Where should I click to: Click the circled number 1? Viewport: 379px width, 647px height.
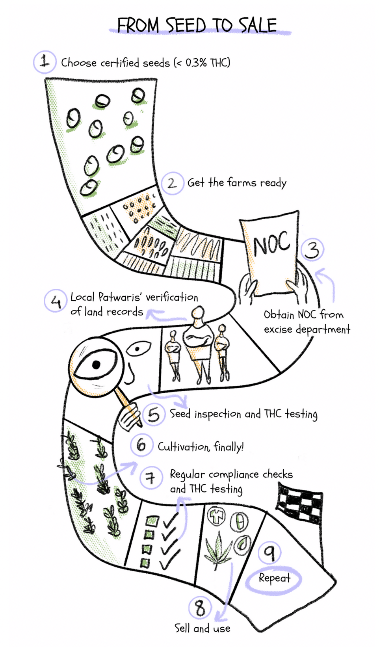click(45, 62)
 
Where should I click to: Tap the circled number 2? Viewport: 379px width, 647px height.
click(172, 183)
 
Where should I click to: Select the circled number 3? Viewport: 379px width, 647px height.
click(312, 249)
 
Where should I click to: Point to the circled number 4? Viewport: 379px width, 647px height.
click(56, 301)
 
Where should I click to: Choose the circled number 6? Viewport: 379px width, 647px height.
click(141, 445)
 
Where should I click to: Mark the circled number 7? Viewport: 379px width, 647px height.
click(150, 478)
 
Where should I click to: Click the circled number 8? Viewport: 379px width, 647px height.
click(200, 608)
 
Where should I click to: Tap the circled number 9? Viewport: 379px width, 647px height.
click(269, 552)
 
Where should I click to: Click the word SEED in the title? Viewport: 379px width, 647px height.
click(186, 26)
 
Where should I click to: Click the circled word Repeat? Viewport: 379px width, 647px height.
click(274, 578)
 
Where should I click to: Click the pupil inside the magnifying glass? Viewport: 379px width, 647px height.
click(96, 364)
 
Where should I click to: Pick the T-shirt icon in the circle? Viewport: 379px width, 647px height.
click(216, 516)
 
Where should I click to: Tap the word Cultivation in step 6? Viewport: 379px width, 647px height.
click(183, 447)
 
